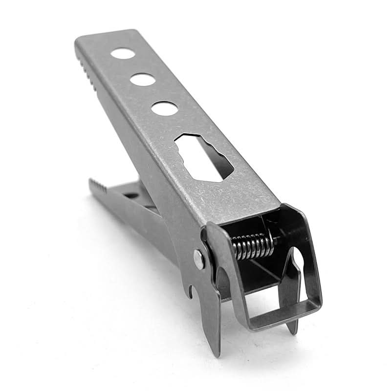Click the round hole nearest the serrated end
coord(121,53)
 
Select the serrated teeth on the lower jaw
coord(98,188)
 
